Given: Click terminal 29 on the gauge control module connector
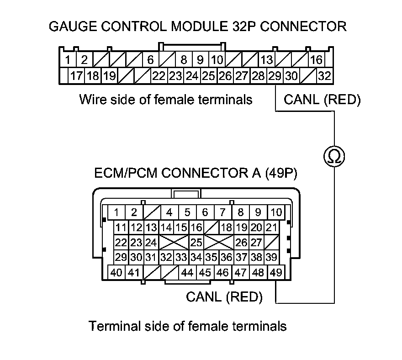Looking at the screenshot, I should (x=275, y=76).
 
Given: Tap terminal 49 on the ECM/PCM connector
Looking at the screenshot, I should (x=275, y=273).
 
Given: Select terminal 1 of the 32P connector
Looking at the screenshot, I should (x=67, y=60).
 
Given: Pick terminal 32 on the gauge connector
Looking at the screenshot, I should (x=325, y=76).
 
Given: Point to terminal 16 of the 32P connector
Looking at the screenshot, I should (x=316, y=60).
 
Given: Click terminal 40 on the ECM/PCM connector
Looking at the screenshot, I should (x=116, y=273).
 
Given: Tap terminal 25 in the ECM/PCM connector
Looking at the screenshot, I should (x=196, y=242).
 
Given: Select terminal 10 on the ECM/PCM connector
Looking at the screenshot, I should (x=276, y=212).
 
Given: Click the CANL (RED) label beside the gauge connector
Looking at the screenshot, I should (x=322, y=100).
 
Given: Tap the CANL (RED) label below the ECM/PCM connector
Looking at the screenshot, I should (x=224, y=297).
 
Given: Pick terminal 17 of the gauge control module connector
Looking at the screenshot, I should (x=76, y=76).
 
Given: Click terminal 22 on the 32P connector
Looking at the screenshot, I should (x=159, y=76).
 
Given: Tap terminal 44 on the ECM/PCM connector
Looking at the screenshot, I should (x=187, y=273).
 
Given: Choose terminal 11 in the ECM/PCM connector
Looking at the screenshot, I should (x=121, y=228).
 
